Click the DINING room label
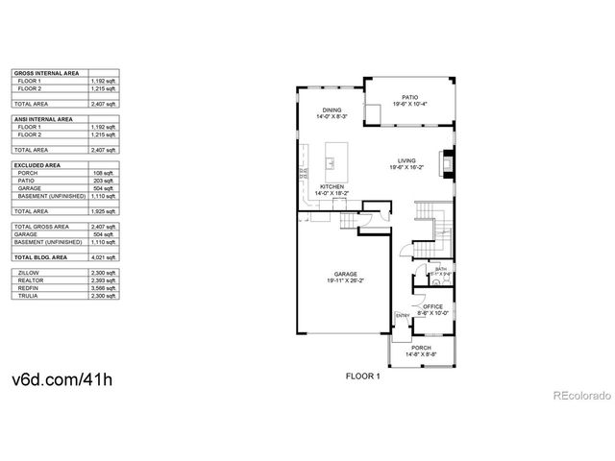[x=332, y=109]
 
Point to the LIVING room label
[x=407, y=160]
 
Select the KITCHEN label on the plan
[x=332, y=186]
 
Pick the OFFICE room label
[x=433, y=305]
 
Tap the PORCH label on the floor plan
[x=421, y=347]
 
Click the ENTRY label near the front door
[x=401, y=315]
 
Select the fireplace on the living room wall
[x=445, y=160]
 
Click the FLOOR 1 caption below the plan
[x=363, y=376]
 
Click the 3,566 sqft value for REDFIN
[x=105, y=288]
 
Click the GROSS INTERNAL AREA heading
[x=45, y=73]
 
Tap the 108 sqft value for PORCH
[x=107, y=173]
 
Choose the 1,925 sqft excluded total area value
[x=105, y=209]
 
